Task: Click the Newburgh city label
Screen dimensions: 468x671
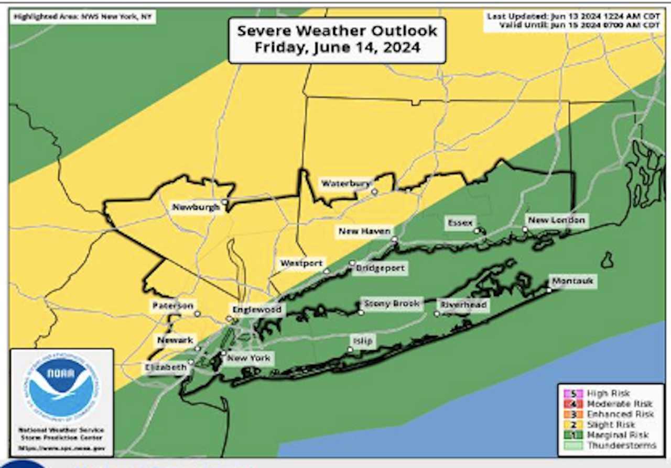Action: (196, 207)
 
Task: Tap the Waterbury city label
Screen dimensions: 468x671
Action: (346, 184)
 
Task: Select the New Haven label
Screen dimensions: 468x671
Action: (364, 231)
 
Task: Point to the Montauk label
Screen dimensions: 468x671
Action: (572, 281)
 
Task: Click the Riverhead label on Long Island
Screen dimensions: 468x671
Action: (463, 305)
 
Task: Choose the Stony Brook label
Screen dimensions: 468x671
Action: (392, 303)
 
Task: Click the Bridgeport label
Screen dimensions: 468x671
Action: (380, 269)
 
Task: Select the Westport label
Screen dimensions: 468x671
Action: (301, 263)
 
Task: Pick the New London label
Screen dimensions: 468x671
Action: (556, 220)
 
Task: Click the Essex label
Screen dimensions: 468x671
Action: (460, 222)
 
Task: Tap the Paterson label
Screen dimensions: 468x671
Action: (173, 305)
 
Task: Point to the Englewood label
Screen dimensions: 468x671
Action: (257, 309)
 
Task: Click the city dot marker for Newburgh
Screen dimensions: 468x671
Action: (224, 202)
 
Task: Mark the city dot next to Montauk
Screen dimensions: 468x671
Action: (549, 290)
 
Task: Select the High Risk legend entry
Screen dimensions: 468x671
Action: (608, 393)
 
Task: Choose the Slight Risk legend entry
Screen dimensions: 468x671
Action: (608, 425)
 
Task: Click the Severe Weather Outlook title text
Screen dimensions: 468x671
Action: (337, 39)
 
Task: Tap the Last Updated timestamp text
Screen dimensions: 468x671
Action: (573, 16)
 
